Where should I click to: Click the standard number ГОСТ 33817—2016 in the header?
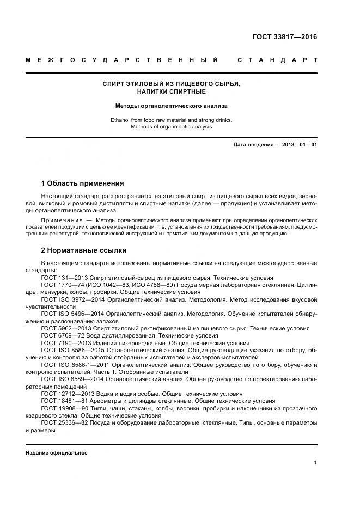coord(284,38)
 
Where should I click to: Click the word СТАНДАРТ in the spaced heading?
coord(277,60)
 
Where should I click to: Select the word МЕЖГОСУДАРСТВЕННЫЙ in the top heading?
coord(123,60)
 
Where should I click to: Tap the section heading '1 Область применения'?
coord(82,183)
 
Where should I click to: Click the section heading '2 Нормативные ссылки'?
coord(83,250)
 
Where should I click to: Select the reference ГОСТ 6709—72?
coord(61,336)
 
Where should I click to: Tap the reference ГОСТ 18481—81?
coord(63,401)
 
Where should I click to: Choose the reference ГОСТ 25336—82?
coord(63,422)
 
